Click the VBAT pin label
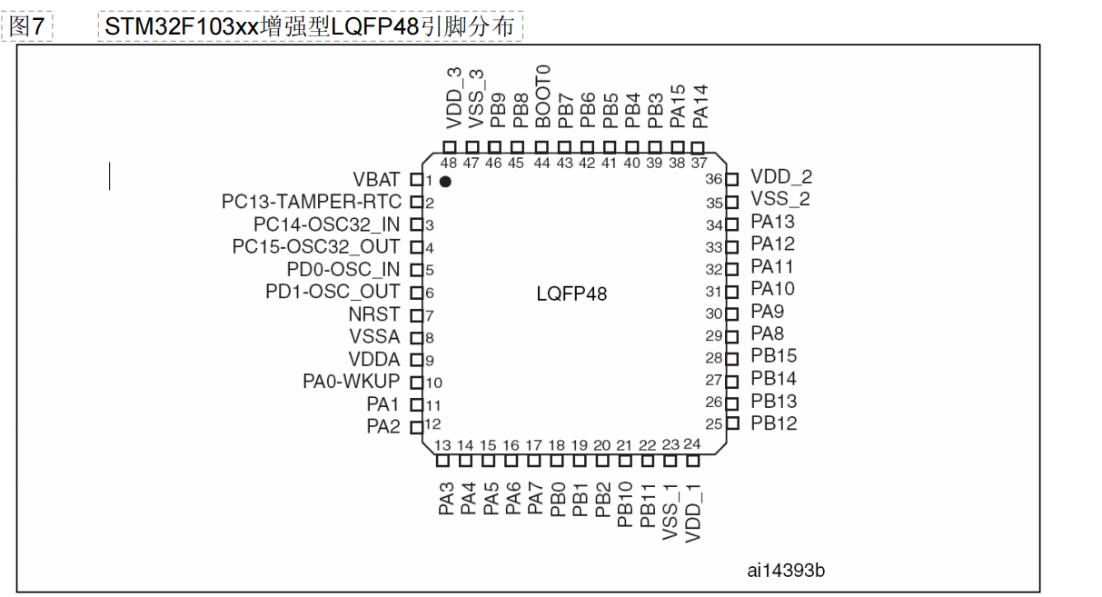(x=376, y=180)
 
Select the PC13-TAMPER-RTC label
(x=311, y=202)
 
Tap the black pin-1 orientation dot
(x=445, y=183)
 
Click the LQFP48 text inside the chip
(x=571, y=294)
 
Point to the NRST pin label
(x=373, y=314)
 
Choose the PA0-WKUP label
(x=351, y=382)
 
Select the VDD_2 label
(x=781, y=177)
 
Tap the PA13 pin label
(x=772, y=222)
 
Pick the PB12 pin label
(x=774, y=423)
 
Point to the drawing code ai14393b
(x=786, y=570)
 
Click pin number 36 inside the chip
(x=714, y=180)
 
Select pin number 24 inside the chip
(x=692, y=444)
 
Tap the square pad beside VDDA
(x=417, y=360)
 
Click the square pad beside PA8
(x=732, y=336)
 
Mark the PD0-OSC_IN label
(x=343, y=270)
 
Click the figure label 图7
(x=27, y=26)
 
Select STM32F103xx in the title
(x=182, y=26)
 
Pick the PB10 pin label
(x=625, y=505)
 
